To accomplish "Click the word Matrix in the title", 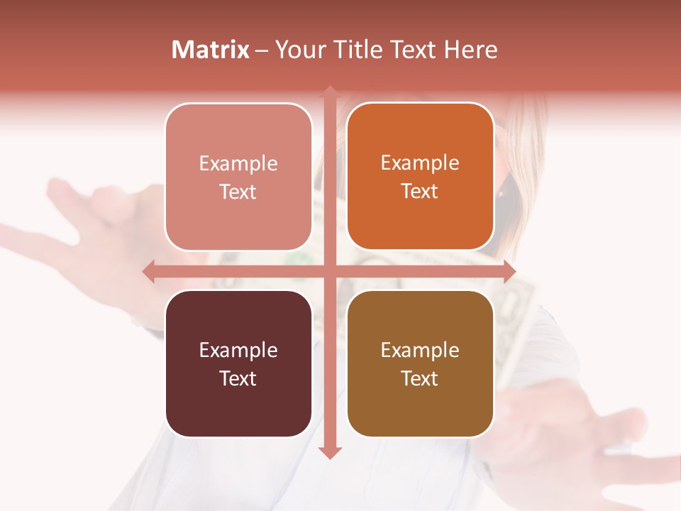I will (x=210, y=50).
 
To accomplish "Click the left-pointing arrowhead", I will (x=149, y=271).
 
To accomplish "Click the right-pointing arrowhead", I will (x=509, y=271).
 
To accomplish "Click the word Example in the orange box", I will (x=420, y=163).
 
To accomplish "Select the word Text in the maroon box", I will (x=238, y=378).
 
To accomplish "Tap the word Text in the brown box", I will (x=420, y=378).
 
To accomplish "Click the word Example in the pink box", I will (x=238, y=163).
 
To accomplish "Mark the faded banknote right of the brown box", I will (x=514, y=319).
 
